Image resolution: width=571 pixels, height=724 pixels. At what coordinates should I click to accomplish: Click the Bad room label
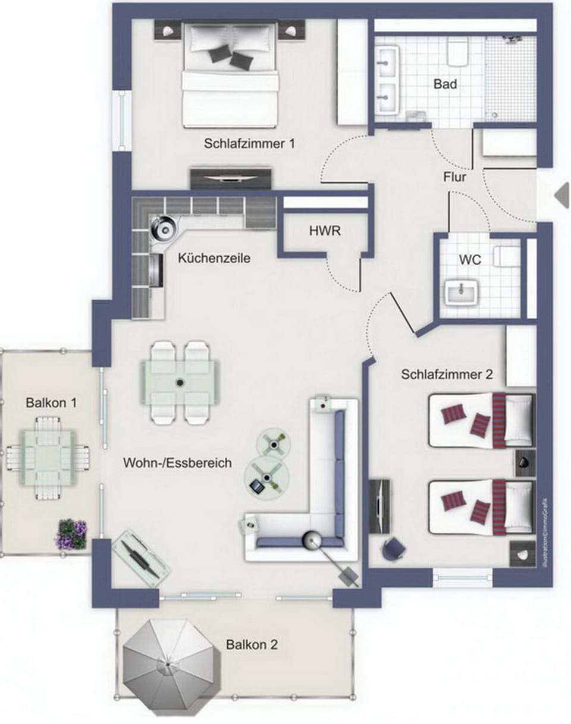445,84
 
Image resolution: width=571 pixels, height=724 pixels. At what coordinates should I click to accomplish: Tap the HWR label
325,231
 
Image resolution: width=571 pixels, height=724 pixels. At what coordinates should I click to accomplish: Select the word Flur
454,177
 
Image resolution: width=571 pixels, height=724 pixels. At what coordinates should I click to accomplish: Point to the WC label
470,259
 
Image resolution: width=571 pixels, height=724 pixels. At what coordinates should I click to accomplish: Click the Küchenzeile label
214,258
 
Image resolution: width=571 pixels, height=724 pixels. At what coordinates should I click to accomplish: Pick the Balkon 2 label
252,644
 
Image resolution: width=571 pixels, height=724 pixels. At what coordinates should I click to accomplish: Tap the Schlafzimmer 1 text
249,144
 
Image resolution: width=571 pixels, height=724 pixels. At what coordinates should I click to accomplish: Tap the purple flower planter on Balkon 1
71,534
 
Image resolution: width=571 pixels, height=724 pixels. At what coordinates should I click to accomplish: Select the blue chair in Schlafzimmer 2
393,548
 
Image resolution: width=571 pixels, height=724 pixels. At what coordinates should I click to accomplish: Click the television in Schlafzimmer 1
231,178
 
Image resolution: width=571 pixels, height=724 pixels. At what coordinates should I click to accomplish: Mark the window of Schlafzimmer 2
462,577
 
